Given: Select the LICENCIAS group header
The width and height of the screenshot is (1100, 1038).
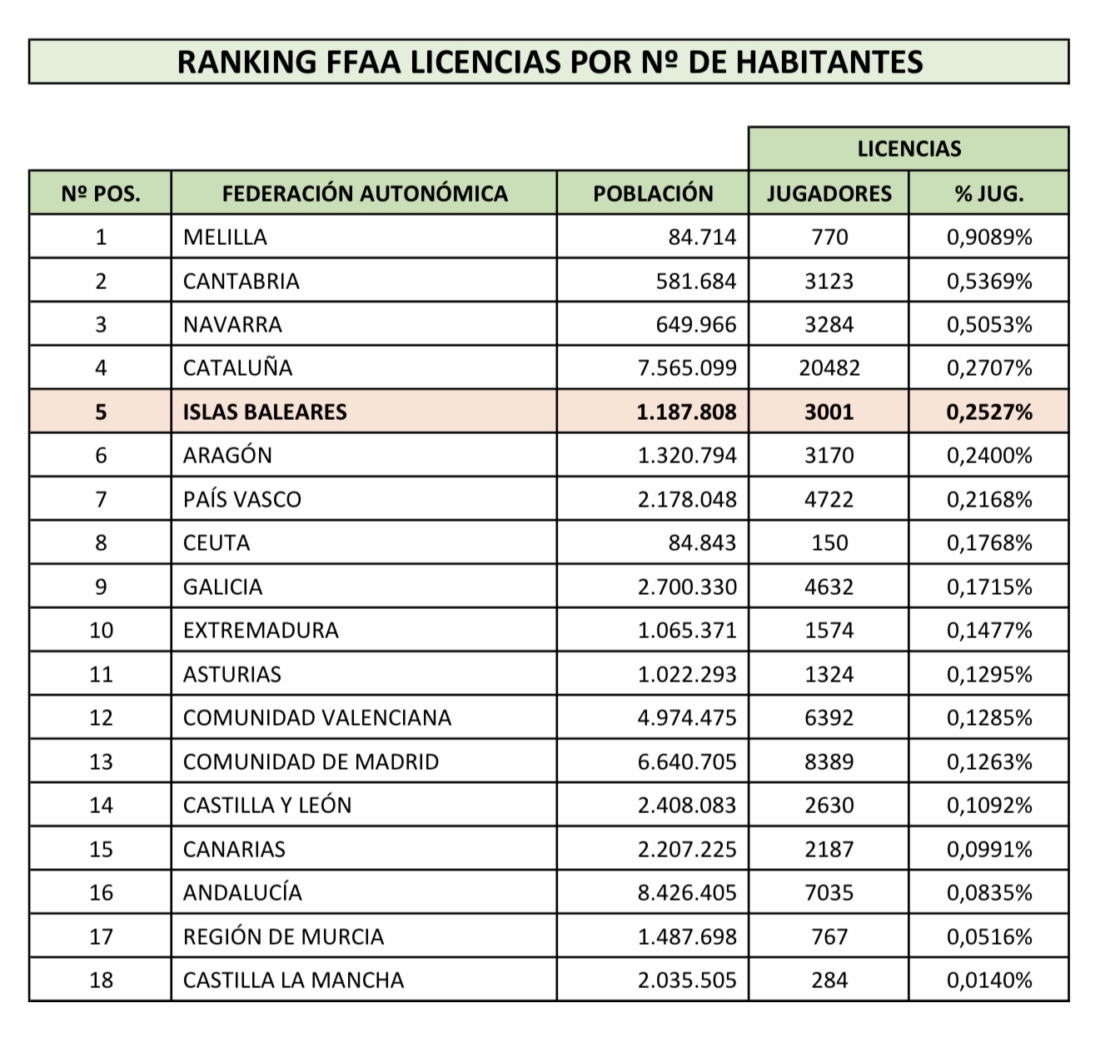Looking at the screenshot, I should point(908,149).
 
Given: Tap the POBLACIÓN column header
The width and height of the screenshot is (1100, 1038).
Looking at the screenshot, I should point(653,193).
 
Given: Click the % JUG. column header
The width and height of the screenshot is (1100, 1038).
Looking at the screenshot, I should point(988,193).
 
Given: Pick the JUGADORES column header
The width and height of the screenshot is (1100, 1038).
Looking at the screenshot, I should point(829,193).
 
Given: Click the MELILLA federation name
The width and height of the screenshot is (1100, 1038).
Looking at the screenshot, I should point(225,237).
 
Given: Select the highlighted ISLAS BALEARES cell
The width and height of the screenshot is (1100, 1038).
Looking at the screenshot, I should point(265,412).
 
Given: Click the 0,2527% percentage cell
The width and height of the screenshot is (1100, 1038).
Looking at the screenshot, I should point(988,412).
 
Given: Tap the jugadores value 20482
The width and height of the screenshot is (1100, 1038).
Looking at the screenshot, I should point(829,368).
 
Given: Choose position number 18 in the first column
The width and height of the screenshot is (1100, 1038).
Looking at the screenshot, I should point(101,980).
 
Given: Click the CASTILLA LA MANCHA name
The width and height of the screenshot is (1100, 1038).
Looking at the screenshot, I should point(293,980).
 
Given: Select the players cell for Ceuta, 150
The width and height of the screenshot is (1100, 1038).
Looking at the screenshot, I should point(829,543).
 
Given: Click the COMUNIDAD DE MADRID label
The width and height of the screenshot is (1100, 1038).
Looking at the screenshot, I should point(311,761).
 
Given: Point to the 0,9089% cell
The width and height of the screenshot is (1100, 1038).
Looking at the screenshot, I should point(988,237).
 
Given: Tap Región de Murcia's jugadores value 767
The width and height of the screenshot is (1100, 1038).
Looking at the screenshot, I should point(829,936).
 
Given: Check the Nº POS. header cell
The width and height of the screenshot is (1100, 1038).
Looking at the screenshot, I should point(101,193).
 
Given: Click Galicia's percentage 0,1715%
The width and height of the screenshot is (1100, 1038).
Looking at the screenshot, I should point(988,586).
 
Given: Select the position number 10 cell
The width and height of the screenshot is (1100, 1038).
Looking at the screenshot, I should point(101,631).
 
